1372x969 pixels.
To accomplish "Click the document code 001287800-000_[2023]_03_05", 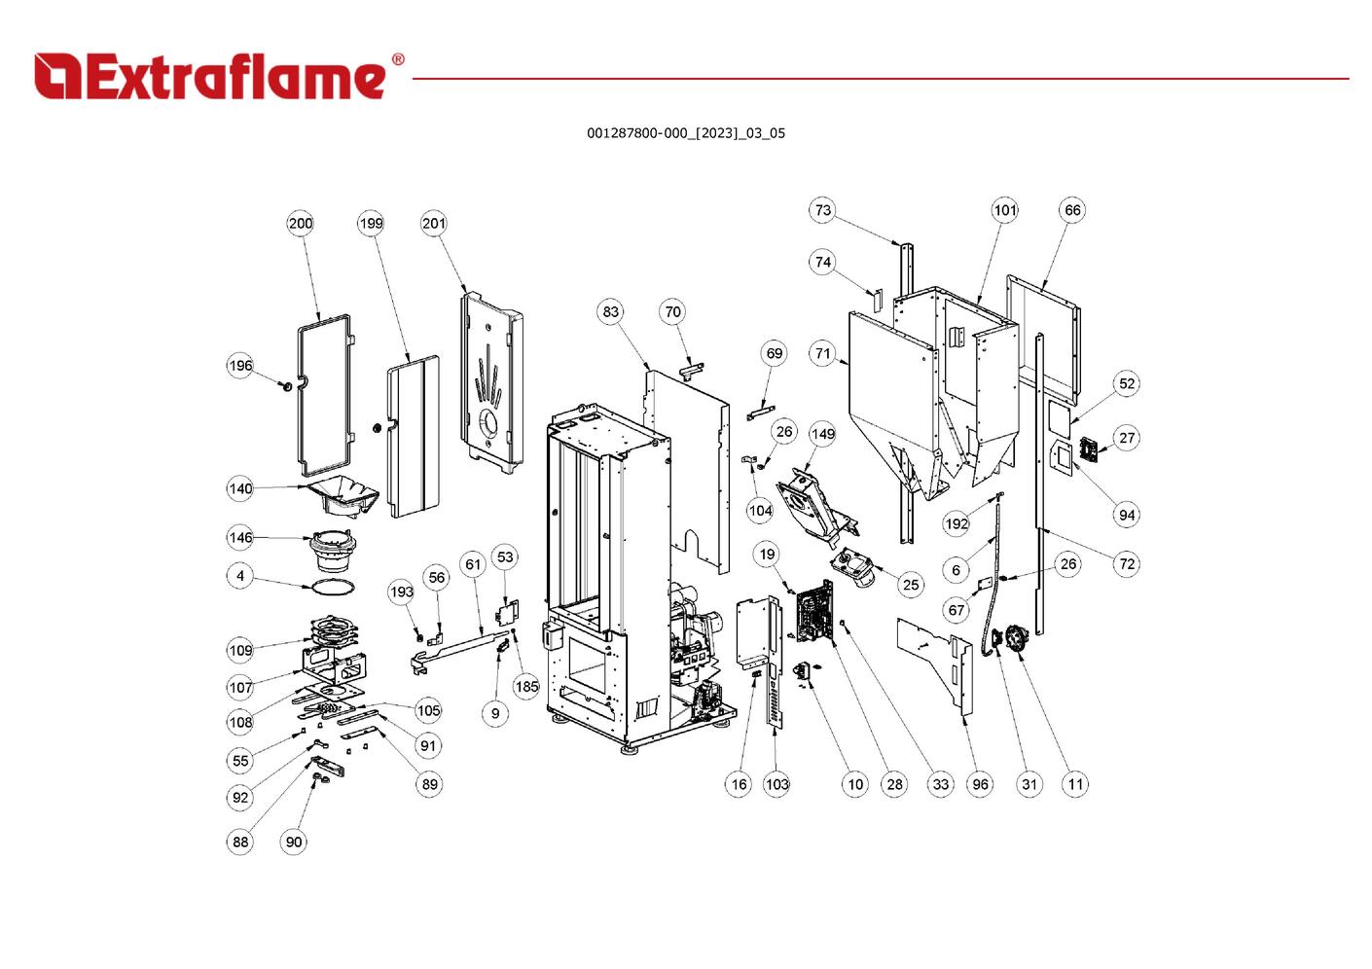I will point(685,133).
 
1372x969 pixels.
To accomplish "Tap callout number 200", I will point(301,223).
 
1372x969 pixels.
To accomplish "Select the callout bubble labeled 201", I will point(434,223).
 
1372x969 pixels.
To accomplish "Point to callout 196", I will point(240,366).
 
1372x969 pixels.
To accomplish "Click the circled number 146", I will point(240,537).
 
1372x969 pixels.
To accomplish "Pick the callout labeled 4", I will point(240,576).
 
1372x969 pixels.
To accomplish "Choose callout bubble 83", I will point(610,312).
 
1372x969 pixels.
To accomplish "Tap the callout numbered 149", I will point(823,434).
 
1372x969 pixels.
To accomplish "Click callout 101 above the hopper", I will point(1005,210).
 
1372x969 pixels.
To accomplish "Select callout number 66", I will point(1072,210).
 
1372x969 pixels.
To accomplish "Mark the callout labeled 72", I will point(1127,564).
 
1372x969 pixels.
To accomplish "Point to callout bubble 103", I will point(776,784).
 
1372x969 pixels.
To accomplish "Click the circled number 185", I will point(526,686).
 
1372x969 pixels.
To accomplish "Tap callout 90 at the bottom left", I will point(294,842).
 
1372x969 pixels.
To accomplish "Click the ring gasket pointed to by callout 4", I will point(331,587).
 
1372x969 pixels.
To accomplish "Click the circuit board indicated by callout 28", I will point(814,613).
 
